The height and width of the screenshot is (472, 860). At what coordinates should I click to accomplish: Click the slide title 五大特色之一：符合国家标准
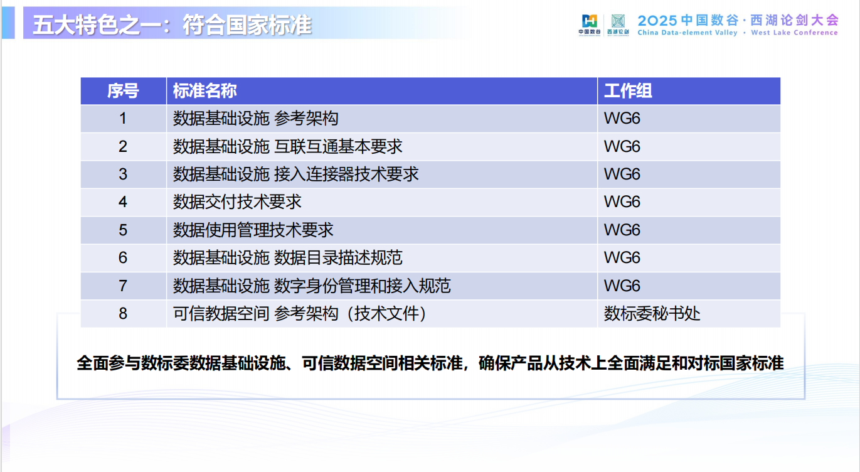(172, 25)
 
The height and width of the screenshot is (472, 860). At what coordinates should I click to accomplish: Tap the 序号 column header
(123, 91)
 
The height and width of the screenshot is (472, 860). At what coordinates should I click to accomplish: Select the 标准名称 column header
(205, 91)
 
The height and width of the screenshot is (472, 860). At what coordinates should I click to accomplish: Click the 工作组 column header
(628, 91)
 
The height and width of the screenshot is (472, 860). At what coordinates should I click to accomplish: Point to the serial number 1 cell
(123, 119)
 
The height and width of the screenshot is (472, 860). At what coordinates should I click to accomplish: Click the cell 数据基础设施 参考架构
(256, 119)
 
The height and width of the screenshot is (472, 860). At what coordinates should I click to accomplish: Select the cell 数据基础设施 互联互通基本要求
(287, 146)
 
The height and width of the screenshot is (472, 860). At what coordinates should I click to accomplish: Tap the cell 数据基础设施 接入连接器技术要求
(295, 174)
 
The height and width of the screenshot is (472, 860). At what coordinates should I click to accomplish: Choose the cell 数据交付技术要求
(237, 201)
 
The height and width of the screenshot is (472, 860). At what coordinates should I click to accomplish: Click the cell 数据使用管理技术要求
(253, 230)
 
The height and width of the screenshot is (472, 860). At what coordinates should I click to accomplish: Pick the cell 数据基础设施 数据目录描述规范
(287, 257)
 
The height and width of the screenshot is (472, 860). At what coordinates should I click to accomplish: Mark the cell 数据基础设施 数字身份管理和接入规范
(312, 286)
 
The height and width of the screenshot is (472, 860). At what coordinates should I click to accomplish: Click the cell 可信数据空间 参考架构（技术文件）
(300, 313)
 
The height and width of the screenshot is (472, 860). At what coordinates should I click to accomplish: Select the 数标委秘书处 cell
(652, 313)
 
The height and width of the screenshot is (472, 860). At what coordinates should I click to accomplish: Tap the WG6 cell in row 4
(622, 201)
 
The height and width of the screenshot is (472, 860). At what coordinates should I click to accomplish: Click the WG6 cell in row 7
(622, 286)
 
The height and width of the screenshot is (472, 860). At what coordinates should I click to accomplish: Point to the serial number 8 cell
(123, 313)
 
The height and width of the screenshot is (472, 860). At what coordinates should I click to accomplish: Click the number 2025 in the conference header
(657, 19)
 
